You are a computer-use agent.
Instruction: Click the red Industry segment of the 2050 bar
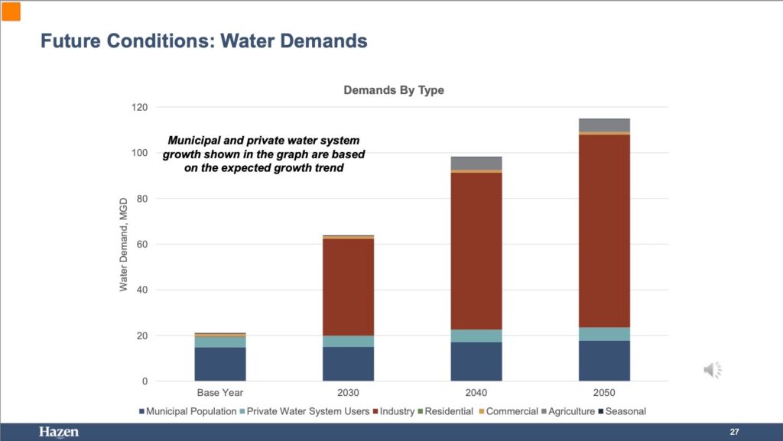click(x=604, y=230)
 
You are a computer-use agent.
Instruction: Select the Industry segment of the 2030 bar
click(x=348, y=287)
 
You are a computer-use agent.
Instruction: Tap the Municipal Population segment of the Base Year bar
click(x=220, y=364)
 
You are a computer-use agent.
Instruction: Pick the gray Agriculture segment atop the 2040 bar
click(x=476, y=163)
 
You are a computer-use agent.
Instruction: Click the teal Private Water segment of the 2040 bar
click(x=476, y=336)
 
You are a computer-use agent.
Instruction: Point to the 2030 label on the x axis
click(x=348, y=393)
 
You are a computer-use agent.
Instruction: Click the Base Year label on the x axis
click(x=220, y=393)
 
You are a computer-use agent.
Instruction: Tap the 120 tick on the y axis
click(x=140, y=107)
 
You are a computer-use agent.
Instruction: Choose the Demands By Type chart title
click(x=394, y=90)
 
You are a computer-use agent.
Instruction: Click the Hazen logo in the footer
click(x=59, y=433)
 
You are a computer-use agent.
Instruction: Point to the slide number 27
click(x=734, y=433)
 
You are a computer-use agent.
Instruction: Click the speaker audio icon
click(x=712, y=371)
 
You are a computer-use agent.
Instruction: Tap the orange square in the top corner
click(x=11, y=11)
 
